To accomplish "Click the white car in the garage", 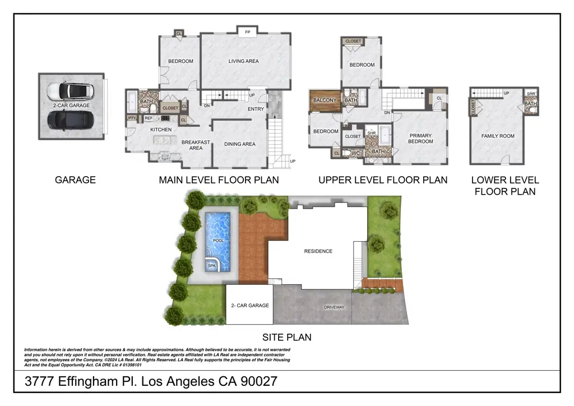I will (68, 91).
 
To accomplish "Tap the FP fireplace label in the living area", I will (247, 33).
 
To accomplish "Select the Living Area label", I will (244, 61).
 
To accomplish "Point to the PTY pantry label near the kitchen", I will (131, 118).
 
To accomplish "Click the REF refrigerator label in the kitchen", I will (149, 118).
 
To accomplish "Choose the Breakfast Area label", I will (196, 145).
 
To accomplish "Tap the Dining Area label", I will (240, 144).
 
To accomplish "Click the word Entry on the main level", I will (256, 109).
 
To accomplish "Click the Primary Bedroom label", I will (420, 139).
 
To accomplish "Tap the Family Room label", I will (498, 136).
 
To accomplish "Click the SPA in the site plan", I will (212, 265).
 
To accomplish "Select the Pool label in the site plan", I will (219, 240).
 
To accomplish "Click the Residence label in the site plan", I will (318, 251).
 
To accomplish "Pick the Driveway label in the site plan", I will (334, 307).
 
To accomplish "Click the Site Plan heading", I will (287, 337).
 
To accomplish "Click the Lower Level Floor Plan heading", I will (504, 186).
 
